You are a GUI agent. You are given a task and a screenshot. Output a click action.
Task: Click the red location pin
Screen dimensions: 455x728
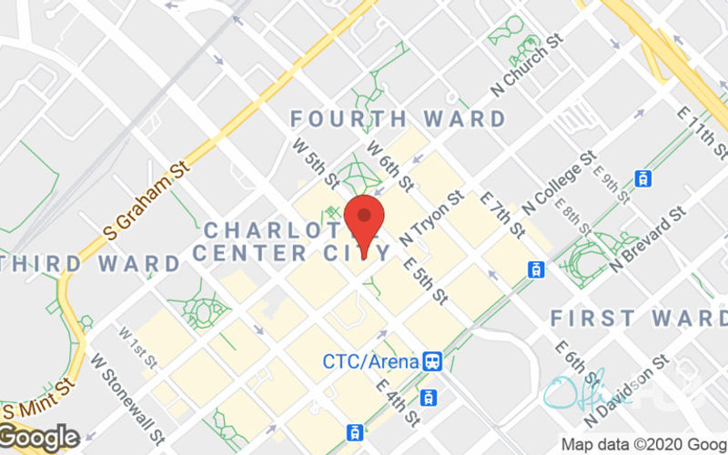click(x=364, y=223)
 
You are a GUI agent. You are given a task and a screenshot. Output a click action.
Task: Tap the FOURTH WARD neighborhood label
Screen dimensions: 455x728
click(x=398, y=119)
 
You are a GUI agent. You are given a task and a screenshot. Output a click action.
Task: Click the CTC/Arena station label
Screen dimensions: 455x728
click(x=371, y=361)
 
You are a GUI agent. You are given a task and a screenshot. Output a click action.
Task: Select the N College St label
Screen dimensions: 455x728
click(x=563, y=177)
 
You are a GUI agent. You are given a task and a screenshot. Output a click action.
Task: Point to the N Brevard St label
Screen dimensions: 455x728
click(x=647, y=239)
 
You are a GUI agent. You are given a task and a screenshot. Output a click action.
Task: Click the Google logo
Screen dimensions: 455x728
click(x=40, y=437)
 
